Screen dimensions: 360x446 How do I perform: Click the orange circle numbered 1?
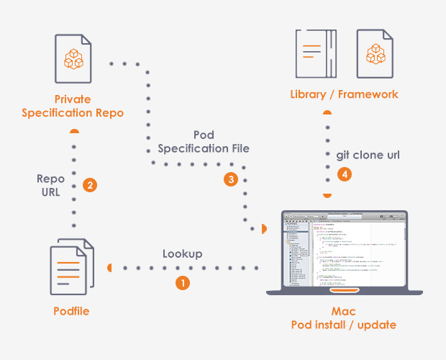coord(183,283)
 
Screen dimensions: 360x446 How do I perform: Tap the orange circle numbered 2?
coord(90,185)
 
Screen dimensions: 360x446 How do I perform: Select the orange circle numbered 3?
coord(231,180)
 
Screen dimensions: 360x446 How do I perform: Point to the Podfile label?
coord(72,310)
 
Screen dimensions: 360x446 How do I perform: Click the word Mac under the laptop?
coord(344,311)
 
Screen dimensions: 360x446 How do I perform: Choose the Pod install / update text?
coord(344,325)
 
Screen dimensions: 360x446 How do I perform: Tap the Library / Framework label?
coord(344,94)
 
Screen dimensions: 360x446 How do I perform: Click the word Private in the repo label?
coord(73,98)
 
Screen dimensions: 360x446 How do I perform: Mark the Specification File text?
coord(204,149)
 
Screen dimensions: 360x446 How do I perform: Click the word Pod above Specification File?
coord(204,135)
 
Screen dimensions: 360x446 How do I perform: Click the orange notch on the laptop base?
coord(344,290)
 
